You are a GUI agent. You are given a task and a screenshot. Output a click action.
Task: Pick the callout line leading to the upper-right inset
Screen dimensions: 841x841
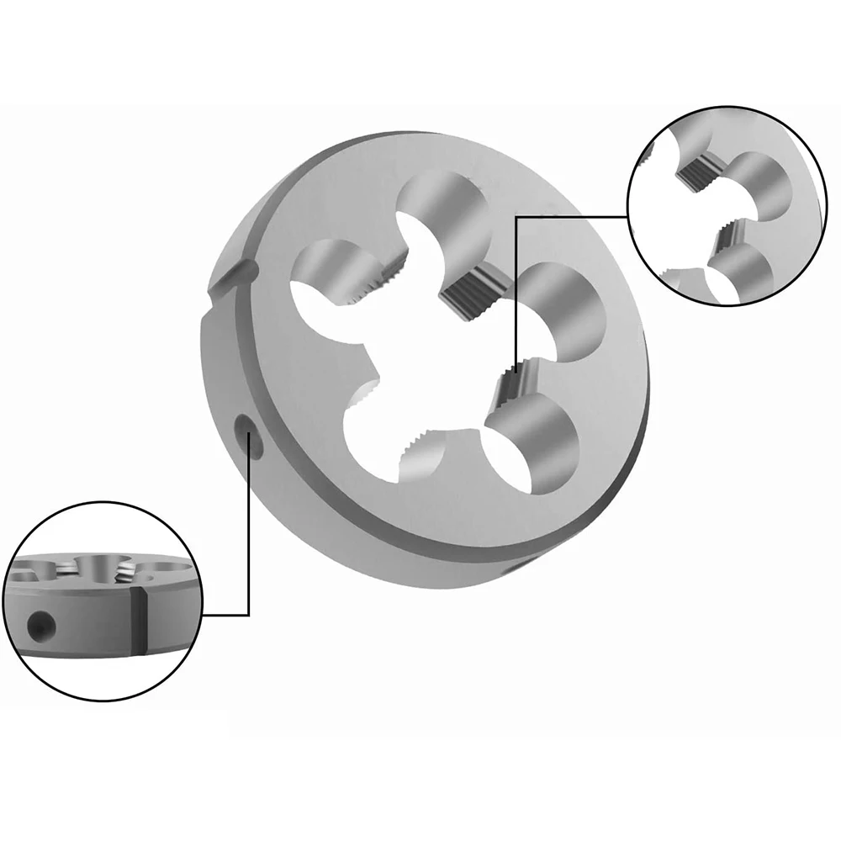point(572,216)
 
